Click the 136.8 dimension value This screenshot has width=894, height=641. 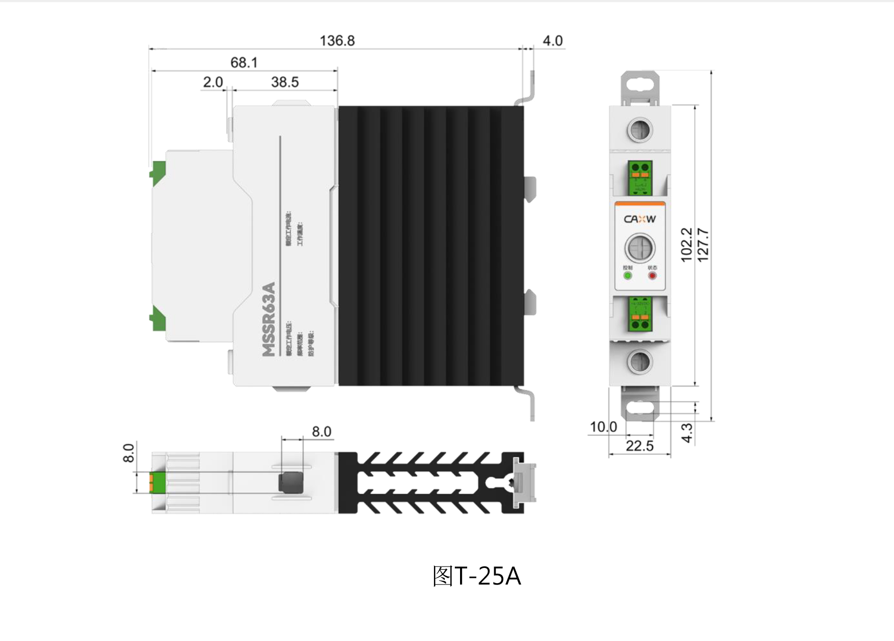[337, 41]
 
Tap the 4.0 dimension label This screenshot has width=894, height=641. [553, 41]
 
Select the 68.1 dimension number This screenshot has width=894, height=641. [244, 63]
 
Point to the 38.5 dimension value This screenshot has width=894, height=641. [285, 82]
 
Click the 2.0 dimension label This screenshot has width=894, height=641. [212, 82]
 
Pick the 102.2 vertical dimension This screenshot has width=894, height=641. [686, 244]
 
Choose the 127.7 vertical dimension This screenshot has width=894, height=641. [703, 244]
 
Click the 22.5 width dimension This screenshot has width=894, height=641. [639, 446]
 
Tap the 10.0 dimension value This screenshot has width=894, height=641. [603, 427]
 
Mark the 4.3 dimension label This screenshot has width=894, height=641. [687, 433]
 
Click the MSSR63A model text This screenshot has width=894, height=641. [269, 319]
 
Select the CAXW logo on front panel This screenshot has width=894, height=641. [640, 219]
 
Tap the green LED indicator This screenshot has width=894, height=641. [627, 276]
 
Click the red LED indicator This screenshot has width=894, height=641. [653, 276]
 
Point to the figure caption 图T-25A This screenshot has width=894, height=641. [476, 576]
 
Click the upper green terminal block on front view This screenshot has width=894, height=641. [640, 178]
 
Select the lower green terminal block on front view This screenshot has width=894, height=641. [640, 314]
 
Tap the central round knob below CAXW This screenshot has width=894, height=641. [640, 248]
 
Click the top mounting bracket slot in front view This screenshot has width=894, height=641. [640, 86]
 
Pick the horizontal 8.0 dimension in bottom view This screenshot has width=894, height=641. [321, 432]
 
